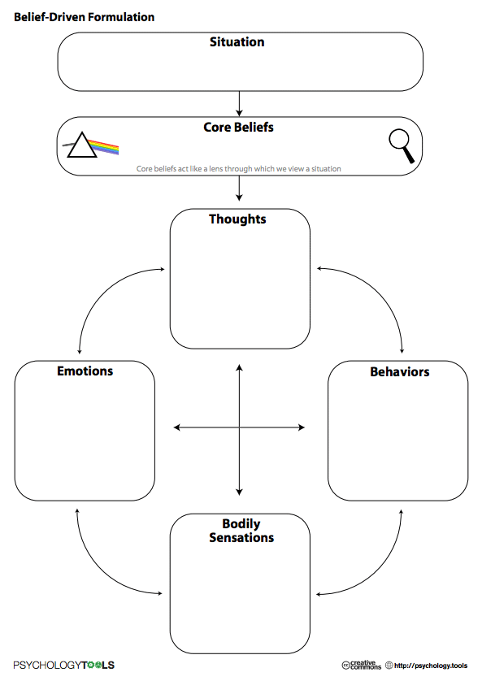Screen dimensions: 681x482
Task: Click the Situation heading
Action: point(237,42)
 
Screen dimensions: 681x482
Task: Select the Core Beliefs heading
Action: point(238,128)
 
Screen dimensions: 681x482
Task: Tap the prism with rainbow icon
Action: point(91,146)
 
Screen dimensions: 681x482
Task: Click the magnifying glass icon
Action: point(401,146)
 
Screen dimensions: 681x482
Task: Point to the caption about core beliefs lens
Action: point(238,169)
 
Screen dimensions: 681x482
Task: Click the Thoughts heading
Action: point(237,219)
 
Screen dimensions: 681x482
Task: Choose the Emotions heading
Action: point(85,371)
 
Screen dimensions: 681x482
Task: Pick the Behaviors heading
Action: point(399,372)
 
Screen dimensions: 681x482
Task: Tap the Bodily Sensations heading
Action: point(241,531)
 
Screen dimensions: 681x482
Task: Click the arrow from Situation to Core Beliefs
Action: point(239,103)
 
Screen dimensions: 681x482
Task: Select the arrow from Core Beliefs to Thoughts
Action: point(239,189)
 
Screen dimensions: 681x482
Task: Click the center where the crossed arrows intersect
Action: point(239,427)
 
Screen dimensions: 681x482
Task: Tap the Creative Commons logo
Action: point(362,665)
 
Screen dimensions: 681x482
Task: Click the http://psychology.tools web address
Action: point(430,666)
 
